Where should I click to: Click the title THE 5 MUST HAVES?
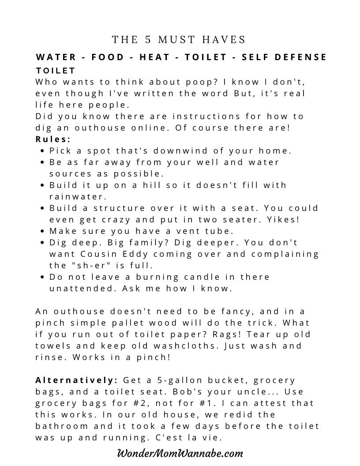pos(179,40)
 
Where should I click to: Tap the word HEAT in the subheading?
pos(157,57)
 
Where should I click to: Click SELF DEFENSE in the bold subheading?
pos(285,57)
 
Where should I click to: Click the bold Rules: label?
pos(53,139)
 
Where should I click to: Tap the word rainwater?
pos(78,197)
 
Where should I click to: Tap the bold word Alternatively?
pos(76,380)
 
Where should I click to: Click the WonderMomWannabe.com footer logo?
pos(180,453)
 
